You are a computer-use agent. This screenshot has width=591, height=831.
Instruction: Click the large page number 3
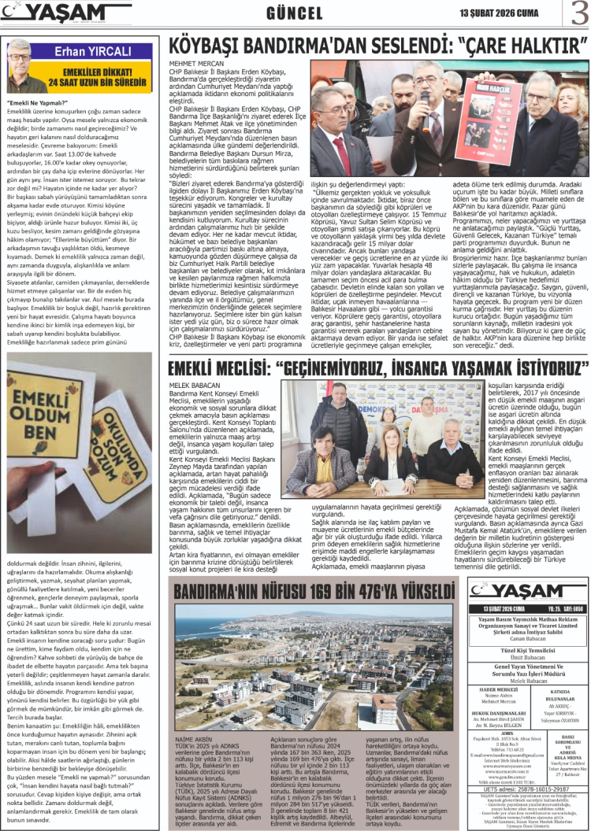point(578,14)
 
